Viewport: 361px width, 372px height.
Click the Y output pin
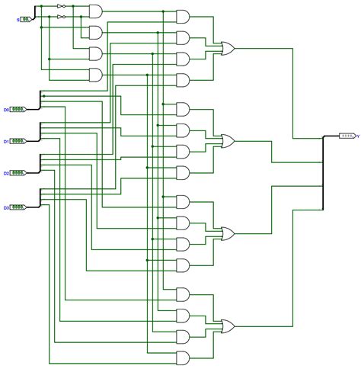[347, 136]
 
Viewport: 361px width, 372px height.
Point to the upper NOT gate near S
[61, 7]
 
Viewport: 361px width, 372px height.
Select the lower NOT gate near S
[61, 16]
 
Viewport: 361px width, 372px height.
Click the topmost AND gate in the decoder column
[95, 11]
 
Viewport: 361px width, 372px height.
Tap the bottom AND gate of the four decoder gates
[95, 75]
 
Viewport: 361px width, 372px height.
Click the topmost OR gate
[226, 48]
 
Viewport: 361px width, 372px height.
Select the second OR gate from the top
[226, 140]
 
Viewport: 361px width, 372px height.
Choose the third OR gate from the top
[226, 233]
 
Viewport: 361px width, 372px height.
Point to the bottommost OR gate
[226, 325]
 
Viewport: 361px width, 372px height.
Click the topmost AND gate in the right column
[184, 16]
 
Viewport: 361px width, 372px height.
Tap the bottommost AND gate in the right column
[184, 358]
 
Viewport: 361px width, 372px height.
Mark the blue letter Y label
[358, 136]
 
